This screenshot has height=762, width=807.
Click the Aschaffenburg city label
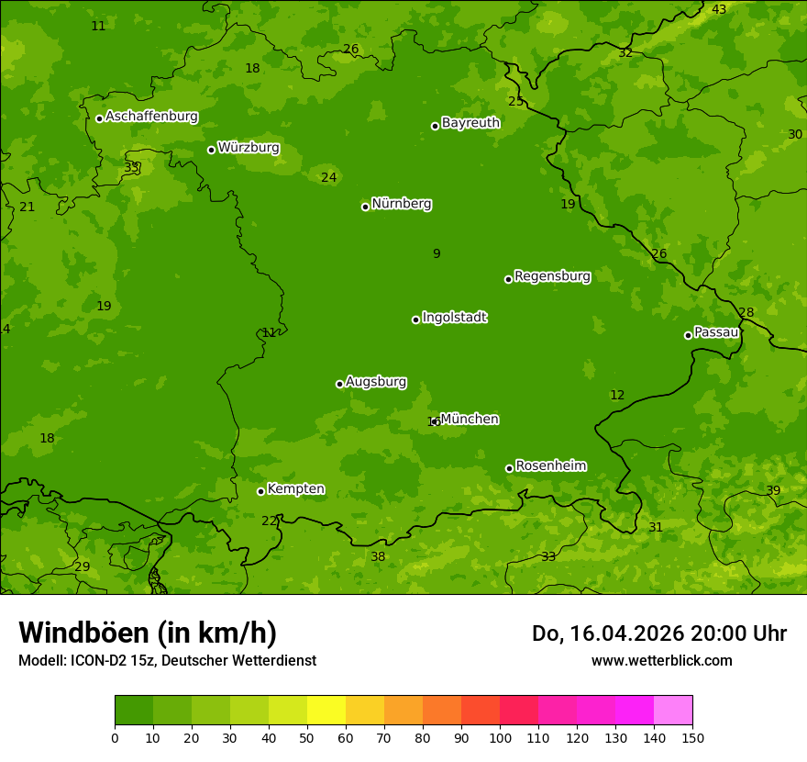coord(151,117)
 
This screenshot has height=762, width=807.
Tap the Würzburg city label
coord(249,148)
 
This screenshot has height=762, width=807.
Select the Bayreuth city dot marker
coord(435,126)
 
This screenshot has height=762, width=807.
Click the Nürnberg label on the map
coord(401,204)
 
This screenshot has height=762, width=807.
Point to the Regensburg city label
coord(552,276)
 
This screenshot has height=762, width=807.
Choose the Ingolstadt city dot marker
coord(415,319)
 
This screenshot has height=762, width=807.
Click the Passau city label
coord(716,332)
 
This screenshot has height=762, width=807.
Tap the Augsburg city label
coord(376,382)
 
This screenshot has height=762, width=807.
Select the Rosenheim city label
coord(550,466)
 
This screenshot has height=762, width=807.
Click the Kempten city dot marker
coord(260,491)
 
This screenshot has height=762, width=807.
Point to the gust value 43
coord(719,9)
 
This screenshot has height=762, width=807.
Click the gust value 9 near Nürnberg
coord(437,253)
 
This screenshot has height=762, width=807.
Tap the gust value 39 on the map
coord(773,490)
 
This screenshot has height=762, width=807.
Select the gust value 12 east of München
coord(617,395)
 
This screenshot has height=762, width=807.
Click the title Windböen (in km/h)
coord(148,633)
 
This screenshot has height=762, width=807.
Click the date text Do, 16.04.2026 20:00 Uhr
coord(658,633)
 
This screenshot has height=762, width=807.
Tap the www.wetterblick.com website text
coord(661,660)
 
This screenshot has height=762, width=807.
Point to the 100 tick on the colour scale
coord(500,736)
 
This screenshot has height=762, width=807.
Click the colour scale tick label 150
coord(692,736)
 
